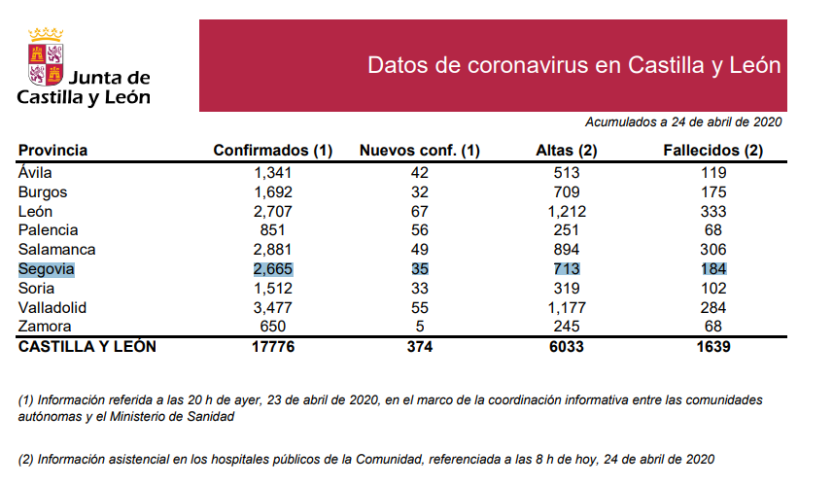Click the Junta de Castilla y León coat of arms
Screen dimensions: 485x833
(46, 58)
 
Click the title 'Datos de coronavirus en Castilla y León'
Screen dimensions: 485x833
(574, 65)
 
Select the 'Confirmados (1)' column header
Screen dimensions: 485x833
(272, 151)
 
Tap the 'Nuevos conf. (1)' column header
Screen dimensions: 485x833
(420, 151)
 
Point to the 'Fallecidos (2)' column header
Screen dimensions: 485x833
(712, 151)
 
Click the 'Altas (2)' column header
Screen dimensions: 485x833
(567, 151)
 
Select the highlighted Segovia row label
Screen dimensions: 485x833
(47, 269)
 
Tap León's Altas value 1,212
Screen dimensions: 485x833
(567, 211)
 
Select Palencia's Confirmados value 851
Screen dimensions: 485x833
(273, 230)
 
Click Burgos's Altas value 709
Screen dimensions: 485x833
(567, 191)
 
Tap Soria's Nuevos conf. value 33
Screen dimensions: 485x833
(420, 289)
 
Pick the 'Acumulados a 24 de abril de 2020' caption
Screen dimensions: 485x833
(683, 122)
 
